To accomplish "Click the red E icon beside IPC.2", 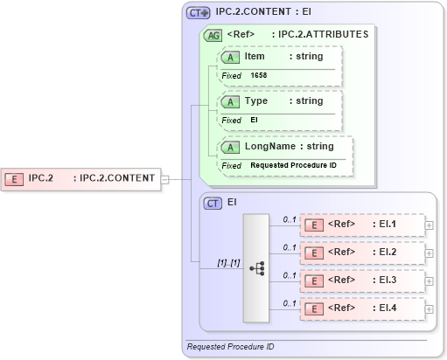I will pos(14,178).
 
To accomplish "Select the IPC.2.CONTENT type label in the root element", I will pos(117,178).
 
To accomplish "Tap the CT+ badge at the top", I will pos(198,14).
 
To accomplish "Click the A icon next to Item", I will pos(231,57).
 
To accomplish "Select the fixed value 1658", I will pos(259,76).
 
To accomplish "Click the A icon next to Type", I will pos(231,101).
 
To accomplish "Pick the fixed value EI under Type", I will pos(255,121).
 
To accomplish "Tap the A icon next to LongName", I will pos(231,147).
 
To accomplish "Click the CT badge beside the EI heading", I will pos(213,203).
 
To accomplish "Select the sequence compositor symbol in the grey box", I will pos(257,269).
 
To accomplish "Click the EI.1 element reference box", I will pos(361,225).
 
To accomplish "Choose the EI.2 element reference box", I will pos(361,253).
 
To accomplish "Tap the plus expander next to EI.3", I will pos(429,280).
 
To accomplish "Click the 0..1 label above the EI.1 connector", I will pos(290,218).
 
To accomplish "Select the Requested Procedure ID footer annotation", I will pos(230,347).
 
